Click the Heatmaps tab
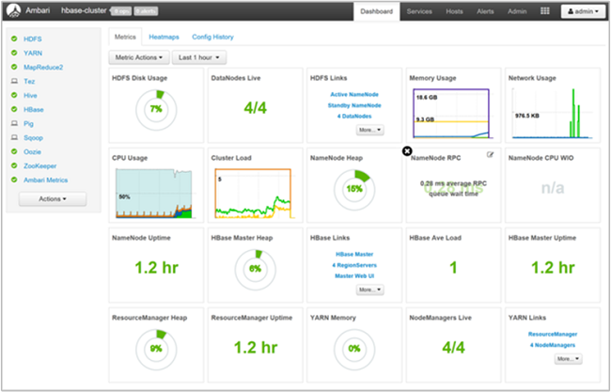point(164,37)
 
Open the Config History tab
point(212,37)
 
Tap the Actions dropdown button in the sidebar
point(53,199)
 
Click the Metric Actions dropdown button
point(138,58)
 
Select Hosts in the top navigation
point(453,11)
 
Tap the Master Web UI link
point(354,274)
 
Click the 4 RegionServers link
point(354,264)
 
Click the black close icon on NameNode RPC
point(406,150)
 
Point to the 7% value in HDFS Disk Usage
point(155,109)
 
